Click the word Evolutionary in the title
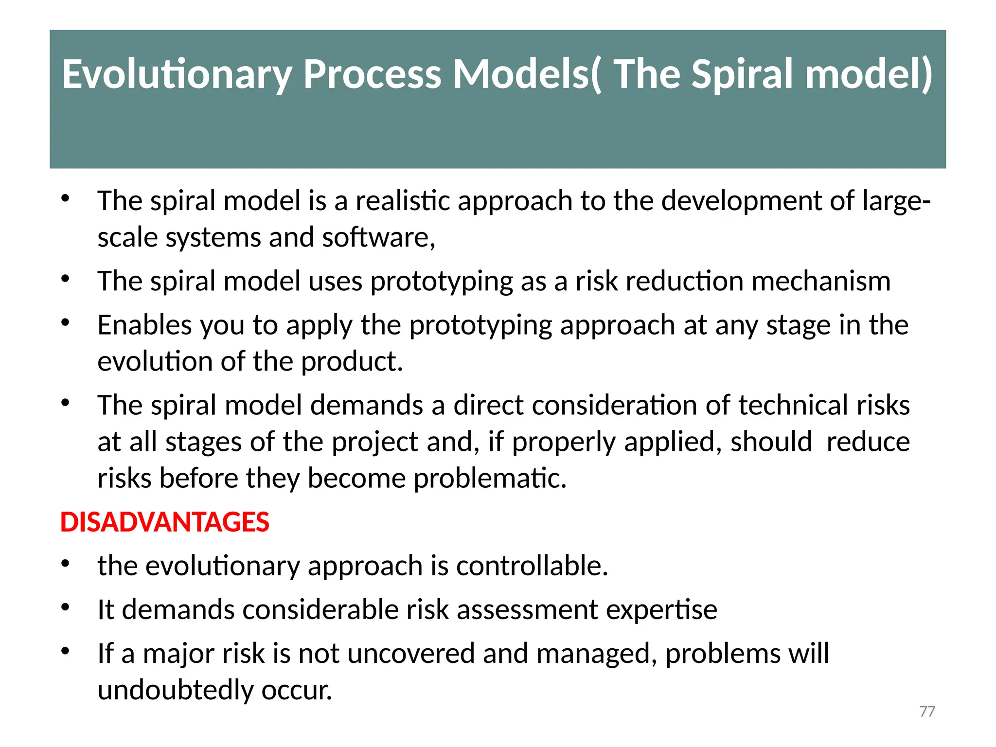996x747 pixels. [x=176, y=74]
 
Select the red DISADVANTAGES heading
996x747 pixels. [x=164, y=522]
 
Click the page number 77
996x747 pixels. [x=927, y=711]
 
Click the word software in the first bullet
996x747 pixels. [x=378, y=237]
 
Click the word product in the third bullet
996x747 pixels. [x=352, y=361]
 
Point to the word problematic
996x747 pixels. [x=490, y=478]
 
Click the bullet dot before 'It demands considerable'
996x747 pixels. [x=66, y=607]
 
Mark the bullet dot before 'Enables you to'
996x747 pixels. [x=66, y=323]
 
